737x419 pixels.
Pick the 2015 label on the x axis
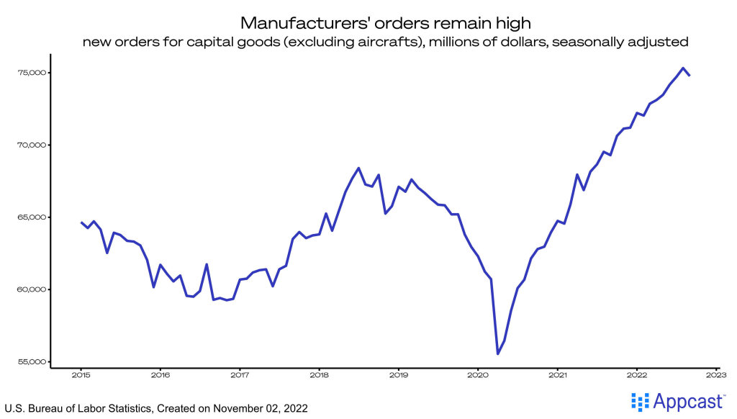tap(81, 374)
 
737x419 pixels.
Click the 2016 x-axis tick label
tap(160, 374)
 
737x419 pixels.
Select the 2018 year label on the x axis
tap(319, 374)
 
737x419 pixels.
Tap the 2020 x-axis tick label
tap(478, 374)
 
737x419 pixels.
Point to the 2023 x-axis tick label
tap(715, 374)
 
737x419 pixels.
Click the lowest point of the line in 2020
tap(498, 353)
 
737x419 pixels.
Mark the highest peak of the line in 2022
tap(682, 68)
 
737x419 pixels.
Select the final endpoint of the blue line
tap(689, 75)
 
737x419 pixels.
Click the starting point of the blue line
tap(81, 222)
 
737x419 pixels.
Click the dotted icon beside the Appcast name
tap(639, 401)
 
